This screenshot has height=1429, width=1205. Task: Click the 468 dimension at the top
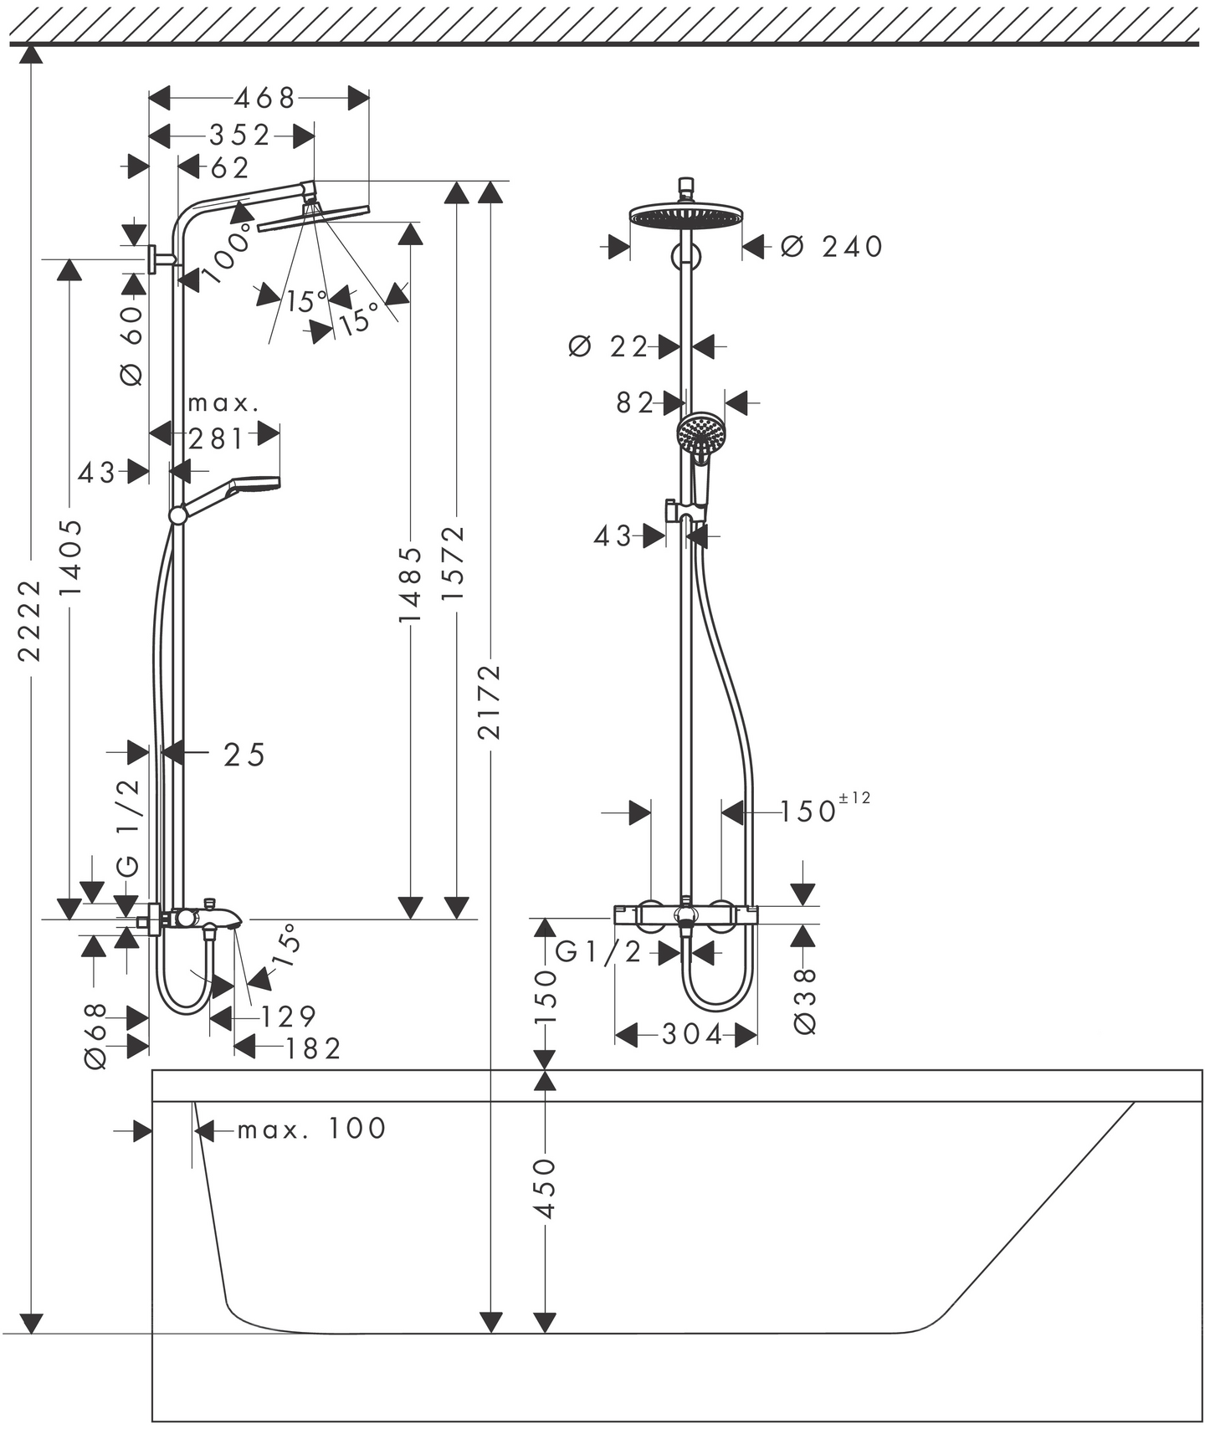pyautogui.click(x=264, y=99)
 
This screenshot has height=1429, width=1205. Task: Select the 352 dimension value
pyautogui.click(x=240, y=135)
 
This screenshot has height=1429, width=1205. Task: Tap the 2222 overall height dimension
pyautogui.click(x=30, y=620)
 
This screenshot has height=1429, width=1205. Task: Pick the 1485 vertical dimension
pyautogui.click(x=409, y=584)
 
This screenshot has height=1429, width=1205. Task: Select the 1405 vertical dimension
pyautogui.click(x=70, y=557)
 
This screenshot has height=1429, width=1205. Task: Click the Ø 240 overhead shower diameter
pyautogui.click(x=832, y=247)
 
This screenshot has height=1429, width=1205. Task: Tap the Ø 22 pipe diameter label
pyautogui.click(x=608, y=346)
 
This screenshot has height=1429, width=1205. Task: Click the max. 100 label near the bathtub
pyautogui.click(x=311, y=1129)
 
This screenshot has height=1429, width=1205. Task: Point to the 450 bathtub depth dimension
pyautogui.click(x=544, y=1188)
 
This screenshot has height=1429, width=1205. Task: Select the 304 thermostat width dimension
pyautogui.click(x=692, y=1035)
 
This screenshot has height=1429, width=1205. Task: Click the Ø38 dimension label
pyautogui.click(x=803, y=1001)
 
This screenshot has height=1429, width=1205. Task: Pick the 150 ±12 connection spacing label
pyautogui.click(x=824, y=809)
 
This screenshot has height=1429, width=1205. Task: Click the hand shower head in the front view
pyautogui.click(x=700, y=435)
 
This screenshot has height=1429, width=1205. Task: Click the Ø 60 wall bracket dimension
pyautogui.click(x=131, y=346)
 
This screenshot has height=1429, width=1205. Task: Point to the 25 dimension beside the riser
pyautogui.click(x=244, y=755)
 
